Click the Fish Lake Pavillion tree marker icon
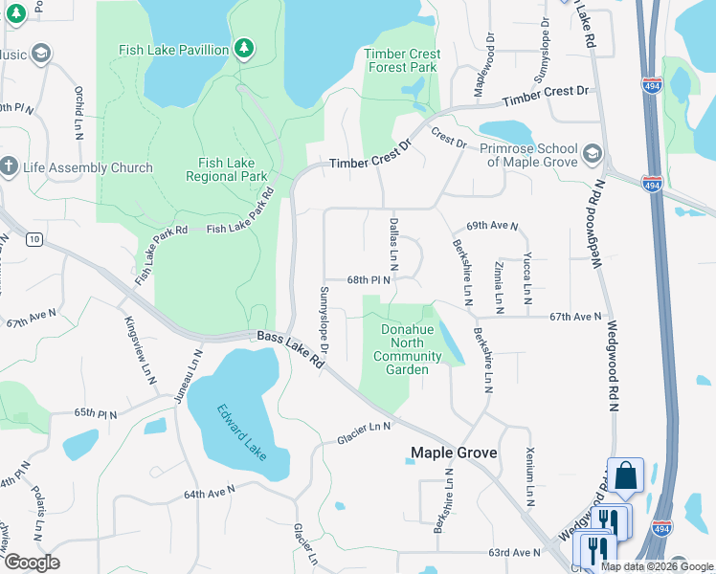(244, 49)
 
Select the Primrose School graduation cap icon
(592, 154)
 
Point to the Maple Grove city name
(454, 453)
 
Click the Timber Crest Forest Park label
(402, 61)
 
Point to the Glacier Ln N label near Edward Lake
(365, 433)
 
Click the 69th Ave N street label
(492, 227)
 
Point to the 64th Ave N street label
(210, 494)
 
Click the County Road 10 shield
(34, 238)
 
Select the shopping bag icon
(625, 475)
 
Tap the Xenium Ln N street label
(529, 476)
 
